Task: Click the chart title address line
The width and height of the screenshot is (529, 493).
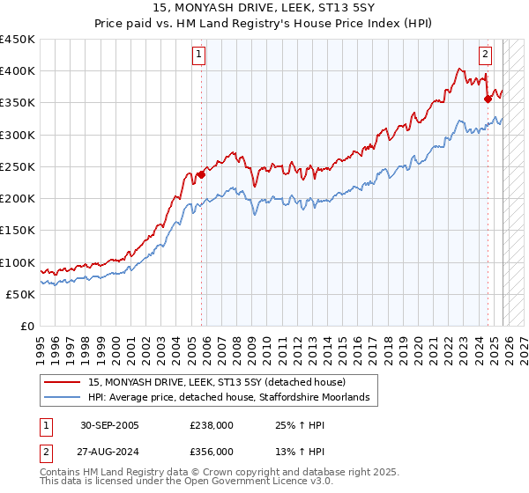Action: (264, 8)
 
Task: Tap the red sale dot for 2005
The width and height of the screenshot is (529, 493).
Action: (201, 174)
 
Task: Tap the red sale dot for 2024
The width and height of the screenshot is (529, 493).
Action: (488, 99)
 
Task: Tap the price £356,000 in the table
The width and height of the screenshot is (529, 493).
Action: (212, 452)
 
